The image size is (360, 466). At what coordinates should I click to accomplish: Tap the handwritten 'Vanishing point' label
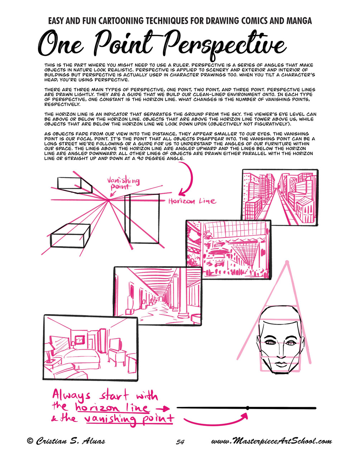coord(124,183)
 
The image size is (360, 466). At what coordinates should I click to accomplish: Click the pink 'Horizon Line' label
coord(192,201)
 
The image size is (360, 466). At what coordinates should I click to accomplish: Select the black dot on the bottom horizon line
coord(248,408)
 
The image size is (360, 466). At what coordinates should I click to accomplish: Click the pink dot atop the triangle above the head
coord(287,262)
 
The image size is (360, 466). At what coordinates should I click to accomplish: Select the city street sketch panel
coord(280,197)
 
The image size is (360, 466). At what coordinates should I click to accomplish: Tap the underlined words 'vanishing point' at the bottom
coord(129,419)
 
